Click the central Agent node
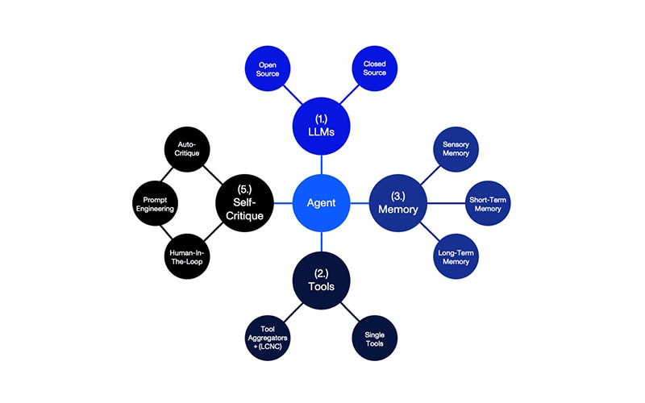322,203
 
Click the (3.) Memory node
398,203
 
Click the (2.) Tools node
322,280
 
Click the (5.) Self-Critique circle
244,203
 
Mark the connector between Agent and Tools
322,242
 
